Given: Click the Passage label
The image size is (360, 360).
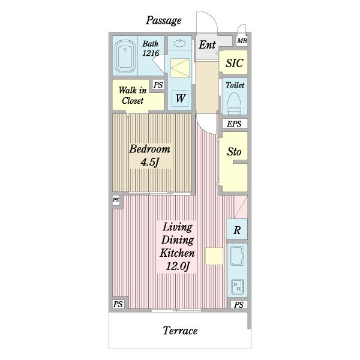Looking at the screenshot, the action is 164,20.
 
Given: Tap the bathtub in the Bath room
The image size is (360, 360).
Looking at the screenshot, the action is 125,57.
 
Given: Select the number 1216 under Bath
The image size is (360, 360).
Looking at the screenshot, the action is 151,53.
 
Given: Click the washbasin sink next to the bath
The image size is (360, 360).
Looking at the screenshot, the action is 179,43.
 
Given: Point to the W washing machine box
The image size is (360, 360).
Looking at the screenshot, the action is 180,98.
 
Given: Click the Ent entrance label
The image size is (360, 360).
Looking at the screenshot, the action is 207,45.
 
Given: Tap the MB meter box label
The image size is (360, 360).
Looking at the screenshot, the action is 242,41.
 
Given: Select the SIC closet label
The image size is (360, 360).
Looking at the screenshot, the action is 234,63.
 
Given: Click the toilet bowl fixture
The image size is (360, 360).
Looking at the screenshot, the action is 234,103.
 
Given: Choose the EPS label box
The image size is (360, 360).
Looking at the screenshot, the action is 235,124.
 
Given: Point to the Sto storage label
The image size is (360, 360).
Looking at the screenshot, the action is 234,152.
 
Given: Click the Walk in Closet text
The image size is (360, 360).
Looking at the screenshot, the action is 133,95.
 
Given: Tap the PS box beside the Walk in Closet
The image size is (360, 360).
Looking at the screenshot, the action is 158,85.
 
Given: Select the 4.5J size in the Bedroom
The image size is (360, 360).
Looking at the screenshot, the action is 149,162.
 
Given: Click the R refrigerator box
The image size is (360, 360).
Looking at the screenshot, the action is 237,230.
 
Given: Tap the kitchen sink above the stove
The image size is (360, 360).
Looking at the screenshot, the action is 237,256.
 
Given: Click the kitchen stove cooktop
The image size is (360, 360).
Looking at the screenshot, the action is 238,287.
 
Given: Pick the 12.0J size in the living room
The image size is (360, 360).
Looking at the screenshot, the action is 178,266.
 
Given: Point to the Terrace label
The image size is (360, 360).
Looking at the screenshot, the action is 180,331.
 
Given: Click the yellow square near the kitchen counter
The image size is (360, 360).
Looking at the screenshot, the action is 214,256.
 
